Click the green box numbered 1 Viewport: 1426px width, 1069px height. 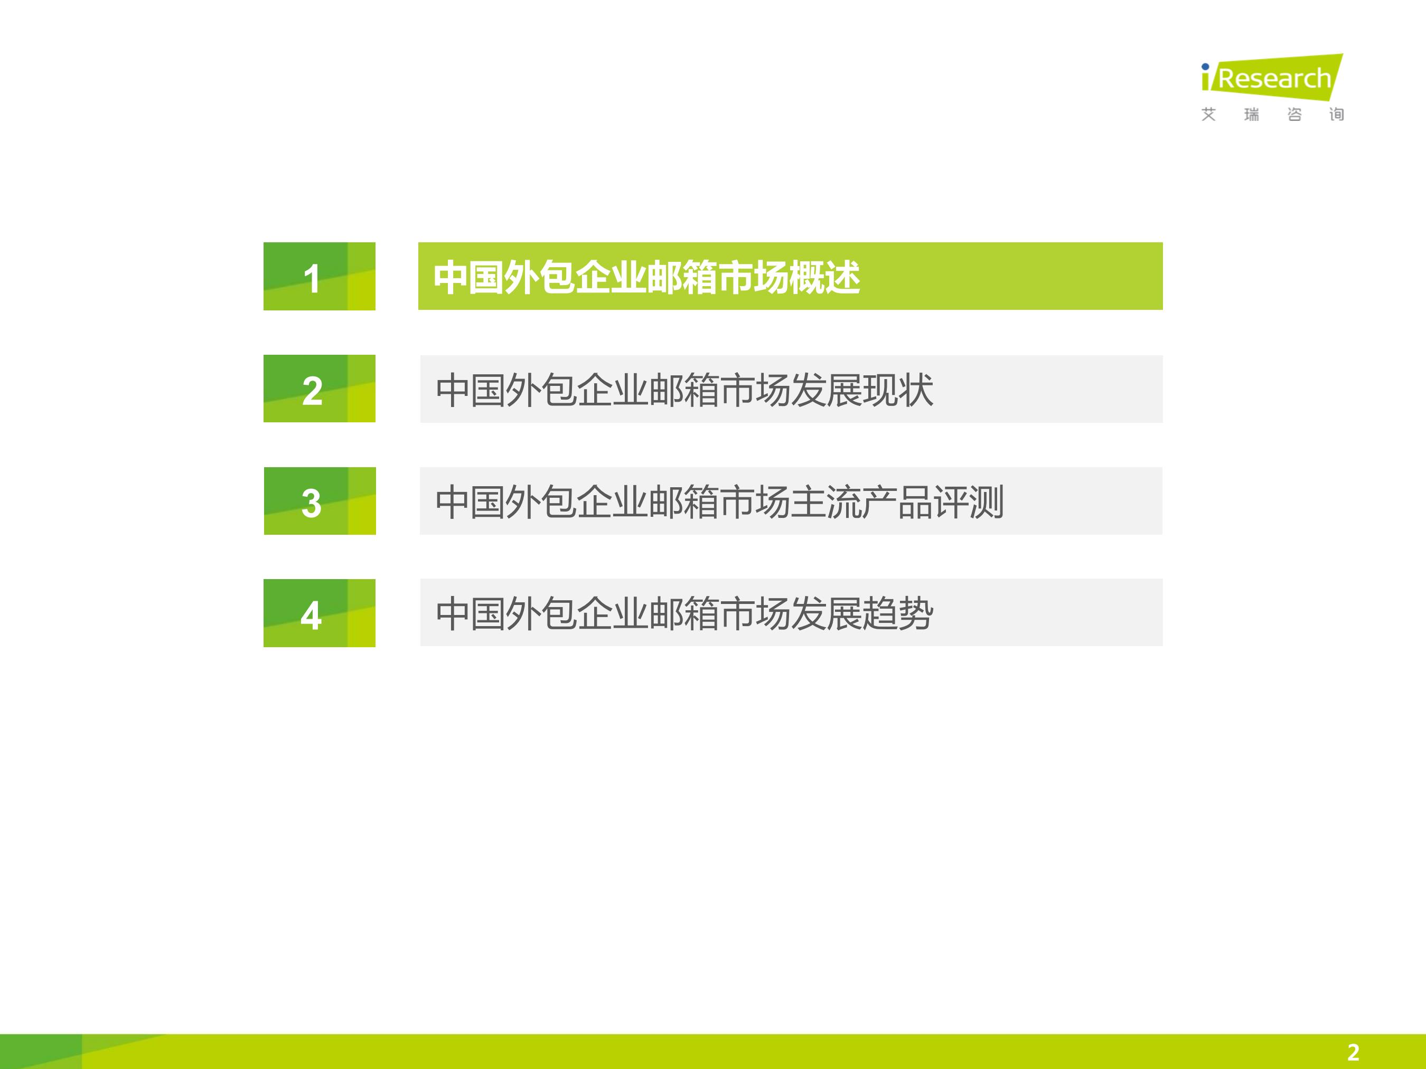[319, 277]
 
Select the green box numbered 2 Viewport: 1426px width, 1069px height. [319, 389]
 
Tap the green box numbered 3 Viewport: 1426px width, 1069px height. [320, 500]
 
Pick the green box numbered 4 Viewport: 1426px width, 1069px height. [319, 613]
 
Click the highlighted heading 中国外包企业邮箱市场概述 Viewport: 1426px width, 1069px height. [646, 278]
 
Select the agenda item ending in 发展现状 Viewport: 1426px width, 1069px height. [684, 390]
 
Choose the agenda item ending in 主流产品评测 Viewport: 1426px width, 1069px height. [719, 502]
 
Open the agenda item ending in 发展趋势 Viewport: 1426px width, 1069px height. [684, 613]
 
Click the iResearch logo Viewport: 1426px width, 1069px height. [1272, 88]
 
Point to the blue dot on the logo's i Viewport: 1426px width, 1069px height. [1205, 67]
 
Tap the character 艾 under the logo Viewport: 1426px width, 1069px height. [1209, 115]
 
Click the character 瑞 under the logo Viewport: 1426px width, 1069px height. [1251, 115]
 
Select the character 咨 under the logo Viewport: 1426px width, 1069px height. [1294, 115]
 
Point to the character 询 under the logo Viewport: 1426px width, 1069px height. [1336, 115]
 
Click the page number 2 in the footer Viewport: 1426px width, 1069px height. [1353, 1052]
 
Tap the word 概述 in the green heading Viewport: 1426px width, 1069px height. [824, 278]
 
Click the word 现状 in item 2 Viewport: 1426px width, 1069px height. [898, 390]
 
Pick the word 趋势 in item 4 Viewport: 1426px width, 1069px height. [898, 613]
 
